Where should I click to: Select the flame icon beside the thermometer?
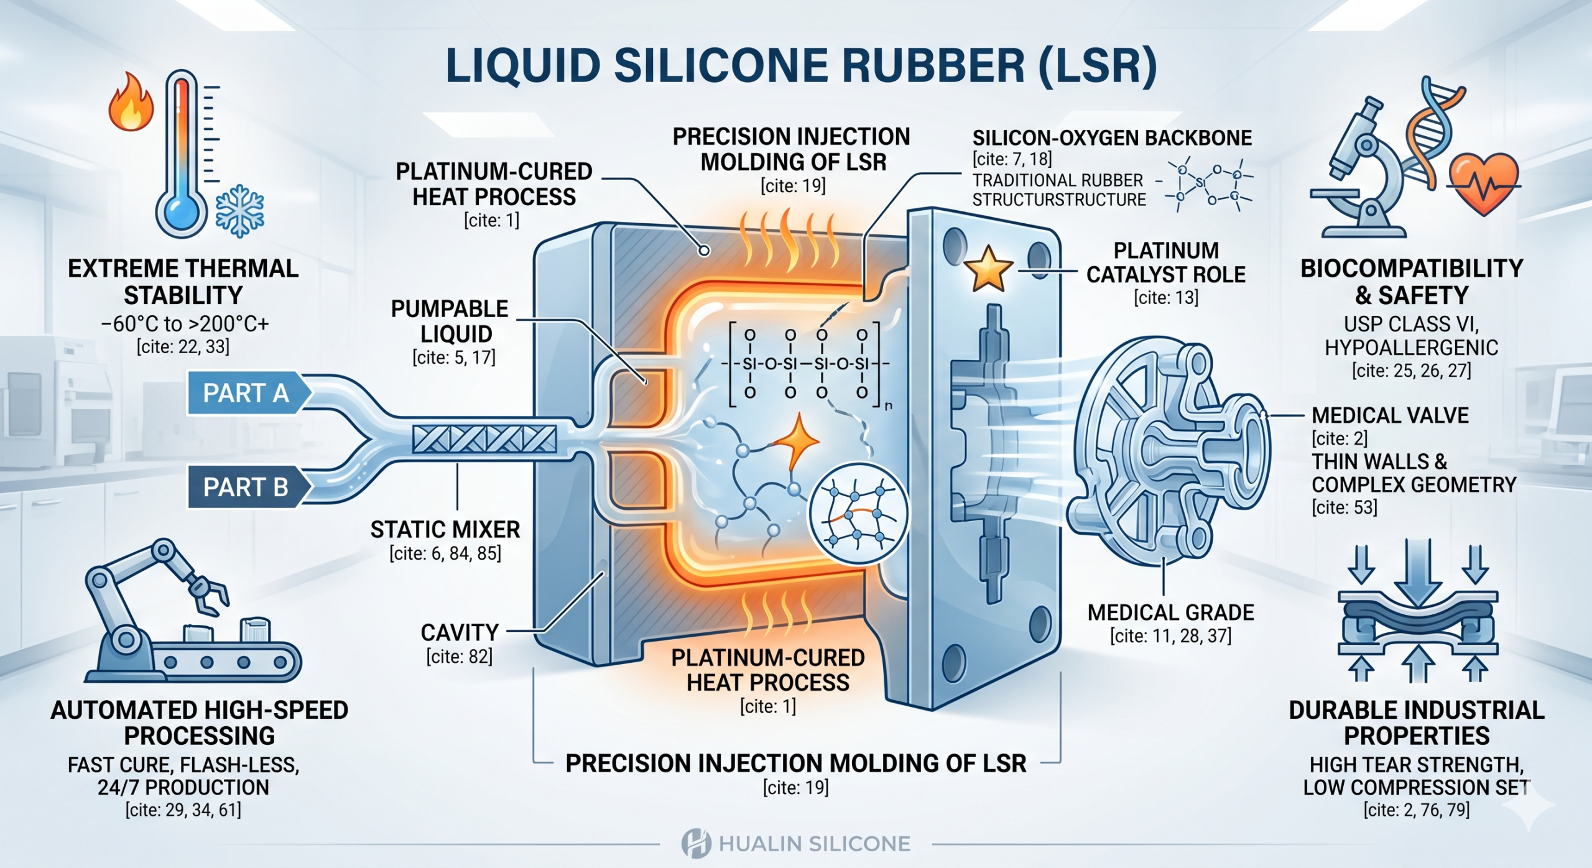coord(131,102)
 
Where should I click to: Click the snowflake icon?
coord(240,215)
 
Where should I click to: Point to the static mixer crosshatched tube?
coord(484,440)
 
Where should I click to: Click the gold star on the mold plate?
coord(988,270)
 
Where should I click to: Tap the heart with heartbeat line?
coord(1484,183)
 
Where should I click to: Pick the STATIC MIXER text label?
coord(445,530)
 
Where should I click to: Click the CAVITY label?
coord(460,633)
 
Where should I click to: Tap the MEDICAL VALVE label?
coord(1390,415)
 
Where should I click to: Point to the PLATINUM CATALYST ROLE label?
coord(1165,262)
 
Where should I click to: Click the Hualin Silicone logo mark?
coord(696,844)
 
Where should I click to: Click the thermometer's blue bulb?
coord(181,212)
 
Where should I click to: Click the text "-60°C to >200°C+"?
coord(185,324)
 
